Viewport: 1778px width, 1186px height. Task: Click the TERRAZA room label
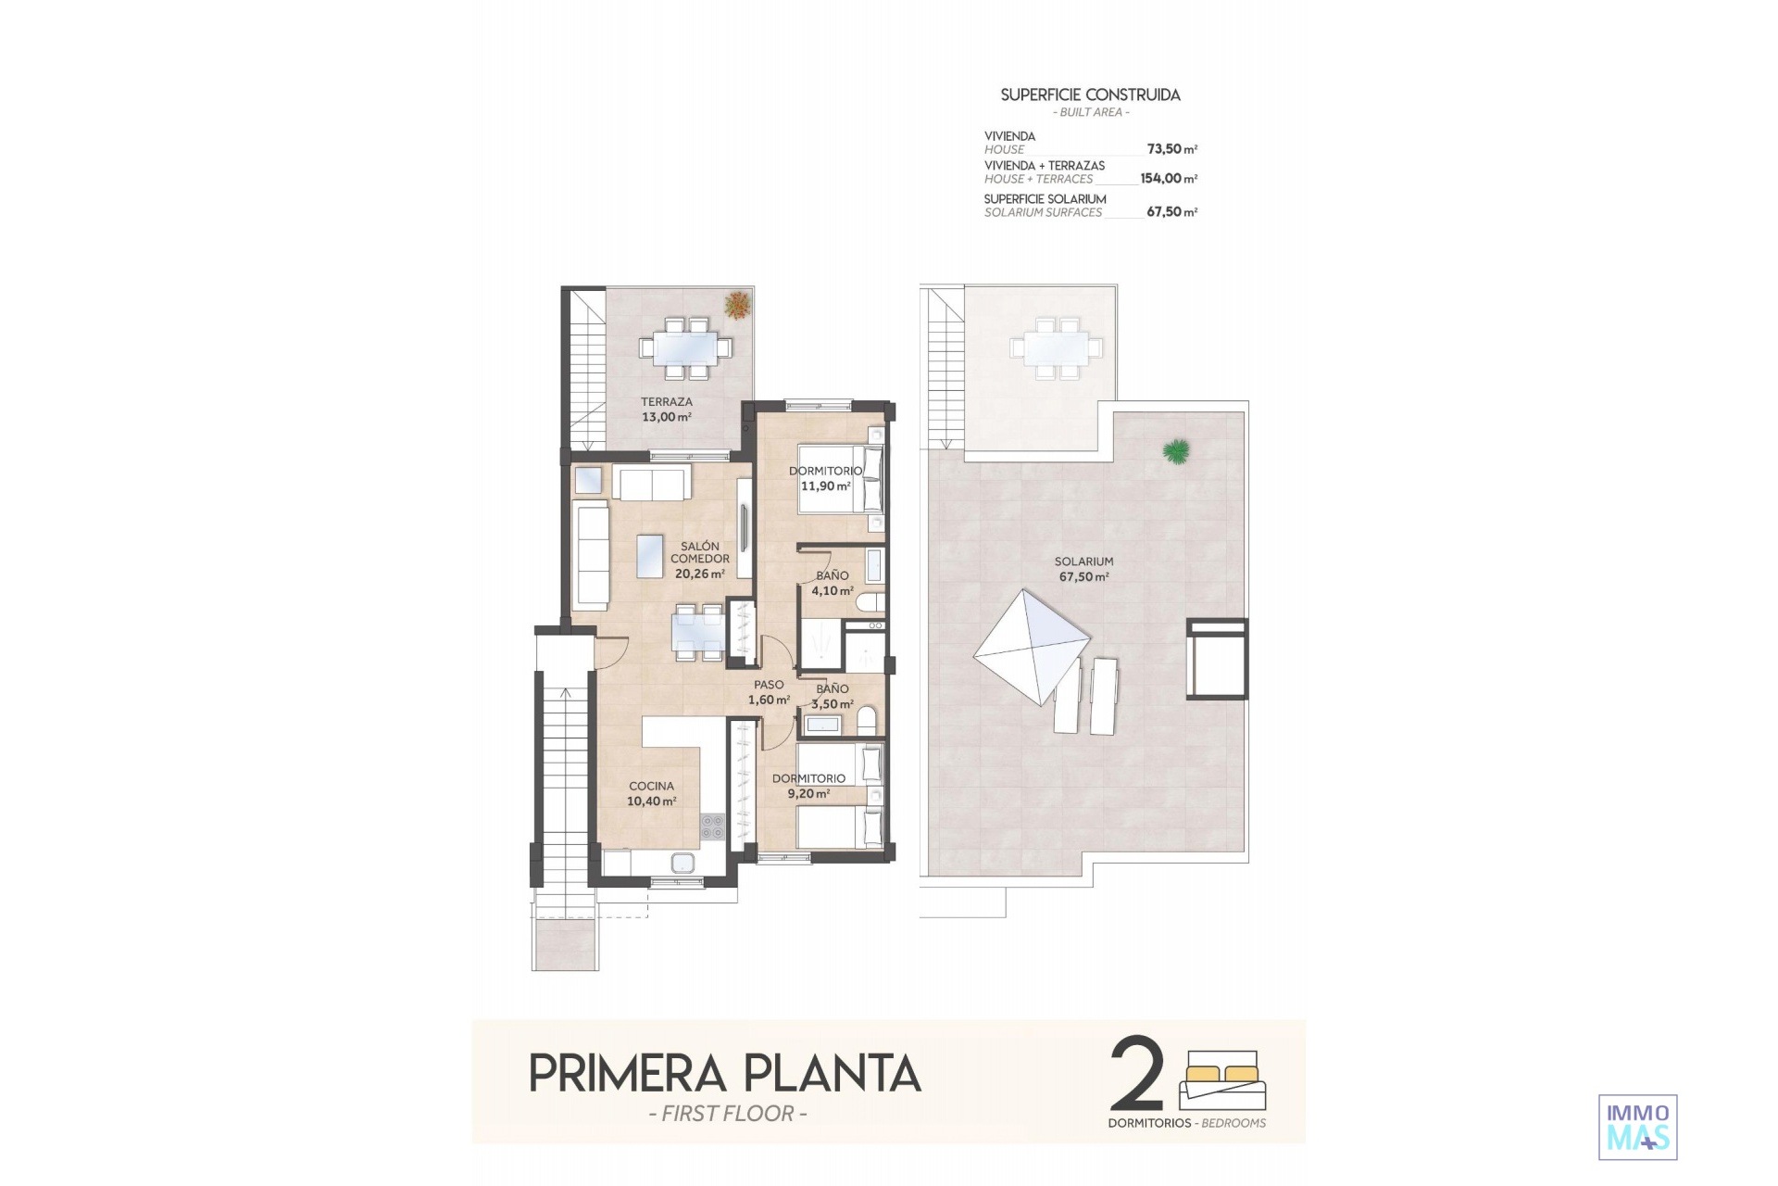[667, 402]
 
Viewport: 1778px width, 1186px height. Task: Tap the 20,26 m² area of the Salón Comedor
[700, 574]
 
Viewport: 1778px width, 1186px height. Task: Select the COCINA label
[652, 786]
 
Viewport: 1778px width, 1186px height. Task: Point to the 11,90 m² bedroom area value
[826, 486]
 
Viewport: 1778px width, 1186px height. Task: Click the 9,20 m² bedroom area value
[809, 793]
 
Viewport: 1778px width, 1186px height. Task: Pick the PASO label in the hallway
[769, 685]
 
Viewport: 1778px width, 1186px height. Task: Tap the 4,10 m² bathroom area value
[833, 590]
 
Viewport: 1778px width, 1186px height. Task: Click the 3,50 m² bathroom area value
[833, 704]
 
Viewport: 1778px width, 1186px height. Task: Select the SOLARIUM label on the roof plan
[1083, 561]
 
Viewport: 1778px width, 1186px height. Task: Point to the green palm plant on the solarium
[1176, 451]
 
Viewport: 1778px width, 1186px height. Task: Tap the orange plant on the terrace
[737, 305]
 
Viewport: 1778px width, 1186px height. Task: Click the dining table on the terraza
[685, 348]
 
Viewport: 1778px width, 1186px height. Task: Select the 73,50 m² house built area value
[1171, 149]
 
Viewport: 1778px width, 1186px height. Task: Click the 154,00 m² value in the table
[1169, 179]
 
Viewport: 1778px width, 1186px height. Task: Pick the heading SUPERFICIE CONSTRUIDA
[1091, 95]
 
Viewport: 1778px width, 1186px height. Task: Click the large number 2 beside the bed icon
[1137, 1075]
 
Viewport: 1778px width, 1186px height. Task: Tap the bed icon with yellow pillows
[1222, 1079]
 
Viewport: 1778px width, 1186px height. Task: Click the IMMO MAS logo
[1638, 1128]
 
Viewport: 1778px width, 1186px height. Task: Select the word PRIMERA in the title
[628, 1074]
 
